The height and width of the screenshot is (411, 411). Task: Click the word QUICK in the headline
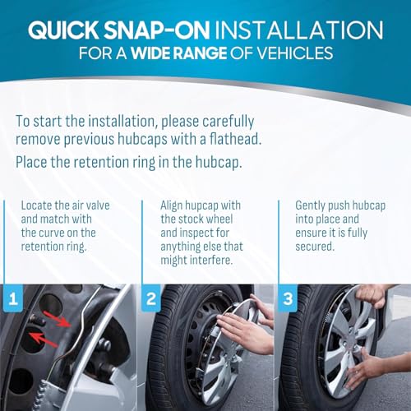tap(63, 30)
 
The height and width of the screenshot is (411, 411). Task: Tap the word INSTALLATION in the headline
tap(299, 30)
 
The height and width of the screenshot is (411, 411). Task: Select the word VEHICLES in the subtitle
tap(295, 53)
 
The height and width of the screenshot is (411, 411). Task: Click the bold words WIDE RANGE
tap(179, 53)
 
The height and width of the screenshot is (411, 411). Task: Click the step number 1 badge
tap(12, 298)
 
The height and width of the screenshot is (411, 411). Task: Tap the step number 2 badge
tap(151, 298)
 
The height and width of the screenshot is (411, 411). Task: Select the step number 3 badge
tap(288, 298)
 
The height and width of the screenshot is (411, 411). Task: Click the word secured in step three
tap(315, 247)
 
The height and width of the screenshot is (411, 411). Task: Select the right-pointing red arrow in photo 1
tap(57, 319)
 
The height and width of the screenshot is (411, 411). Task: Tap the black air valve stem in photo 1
tap(38, 320)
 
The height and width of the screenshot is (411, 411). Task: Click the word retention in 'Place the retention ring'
tap(99, 162)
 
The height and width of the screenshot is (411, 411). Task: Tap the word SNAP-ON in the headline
tap(157, 30)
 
